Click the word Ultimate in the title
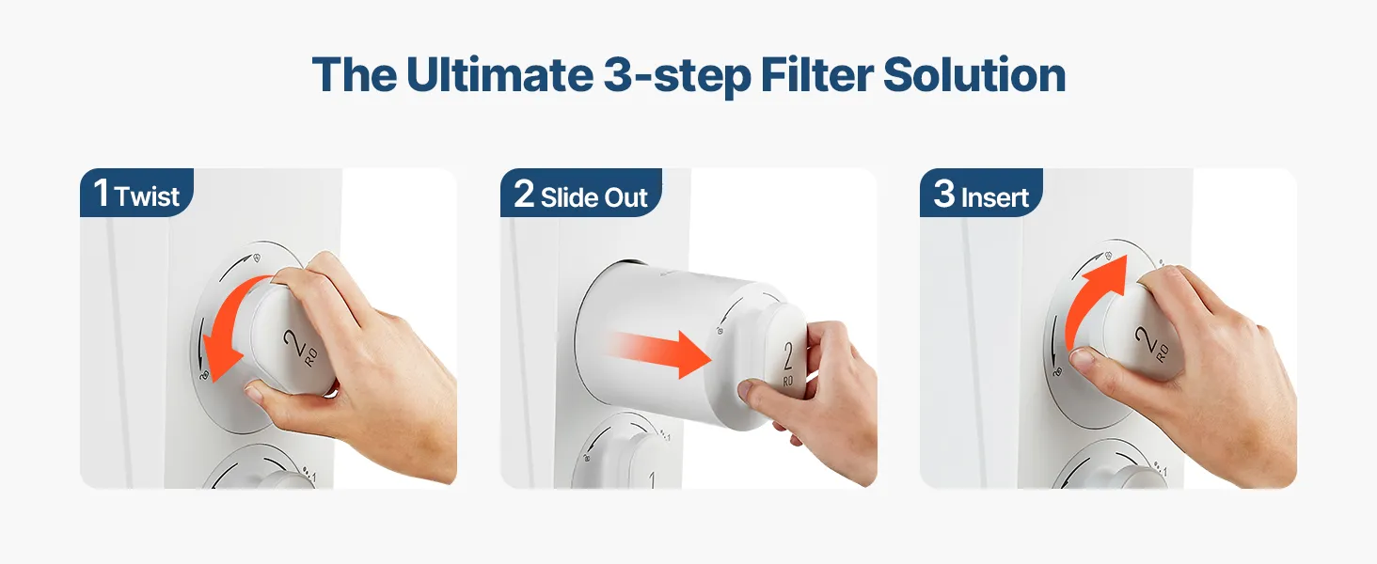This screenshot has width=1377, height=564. (499, 75)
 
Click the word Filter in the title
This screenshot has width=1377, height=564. (816, 75)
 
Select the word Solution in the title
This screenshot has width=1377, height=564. (974, 75)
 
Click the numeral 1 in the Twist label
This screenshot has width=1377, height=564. (102, 193)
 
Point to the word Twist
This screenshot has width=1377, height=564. (147, 196)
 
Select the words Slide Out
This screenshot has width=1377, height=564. (594, 197)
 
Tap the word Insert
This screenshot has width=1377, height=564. (994, 197)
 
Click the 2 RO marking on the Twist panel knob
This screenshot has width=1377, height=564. (301, 348)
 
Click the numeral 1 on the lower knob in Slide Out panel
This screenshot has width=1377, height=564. (652, 479)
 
